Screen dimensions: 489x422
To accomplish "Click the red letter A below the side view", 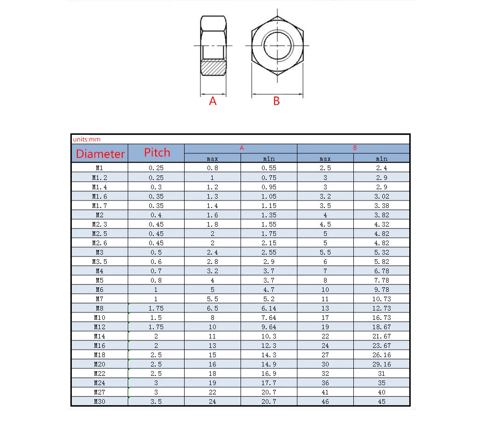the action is [213, 101].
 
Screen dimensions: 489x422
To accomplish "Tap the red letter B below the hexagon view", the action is [276, 101].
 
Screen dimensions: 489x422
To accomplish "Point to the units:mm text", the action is [87, 139].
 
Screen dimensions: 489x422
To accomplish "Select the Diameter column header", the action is [100, 154].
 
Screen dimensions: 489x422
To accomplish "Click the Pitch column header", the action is [157, 152].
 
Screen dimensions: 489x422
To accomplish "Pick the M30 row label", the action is [99, 401].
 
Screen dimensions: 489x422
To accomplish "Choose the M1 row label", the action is [99, 168].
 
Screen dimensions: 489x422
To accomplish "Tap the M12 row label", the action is [99, 327].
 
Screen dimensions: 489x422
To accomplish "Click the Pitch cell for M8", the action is [156, 308].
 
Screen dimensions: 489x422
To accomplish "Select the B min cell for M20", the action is [381, 364].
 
